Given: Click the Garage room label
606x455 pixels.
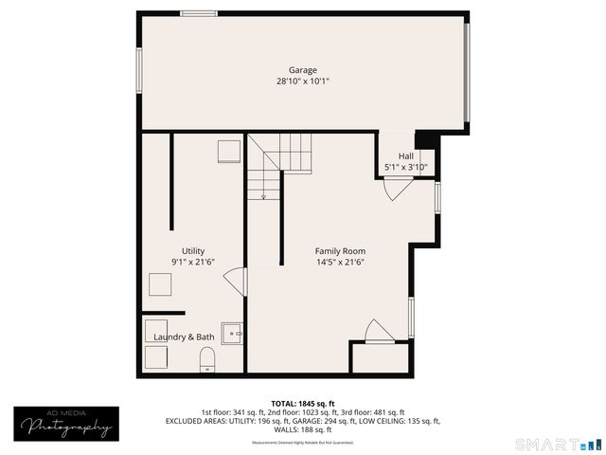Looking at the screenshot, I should pyautogui.click(x=303, y=70).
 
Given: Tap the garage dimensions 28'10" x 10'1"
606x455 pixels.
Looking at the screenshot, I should pyautogui.click(x=303, y=82).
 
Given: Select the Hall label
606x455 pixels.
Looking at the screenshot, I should pyautogui.click(x=405, y=156).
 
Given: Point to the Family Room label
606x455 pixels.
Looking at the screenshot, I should pyautogui.click(x=340, y=251).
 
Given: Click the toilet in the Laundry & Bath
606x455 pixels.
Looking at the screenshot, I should pyautogui.click(x=207, y=359).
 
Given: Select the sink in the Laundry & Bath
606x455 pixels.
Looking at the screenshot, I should pyautogui.click(x=232, y=333).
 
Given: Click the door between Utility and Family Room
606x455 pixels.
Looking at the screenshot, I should pyautogui.click(x=235, y=282).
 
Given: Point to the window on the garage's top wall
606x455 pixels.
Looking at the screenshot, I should pyautogui.click(x=198, y=13).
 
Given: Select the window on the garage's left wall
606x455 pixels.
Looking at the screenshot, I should pyautogui.click(x=139, y=70).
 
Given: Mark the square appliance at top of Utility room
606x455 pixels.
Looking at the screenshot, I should pyautogui.click(x=228, y=153).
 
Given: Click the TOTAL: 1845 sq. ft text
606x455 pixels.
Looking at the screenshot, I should pyautogui.click(x=303, y=403).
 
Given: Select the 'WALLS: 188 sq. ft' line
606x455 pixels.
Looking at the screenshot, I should pyautogui.click(x=303, y=429).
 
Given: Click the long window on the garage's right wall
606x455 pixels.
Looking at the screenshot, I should pyautogui.click(x=467, y=72).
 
